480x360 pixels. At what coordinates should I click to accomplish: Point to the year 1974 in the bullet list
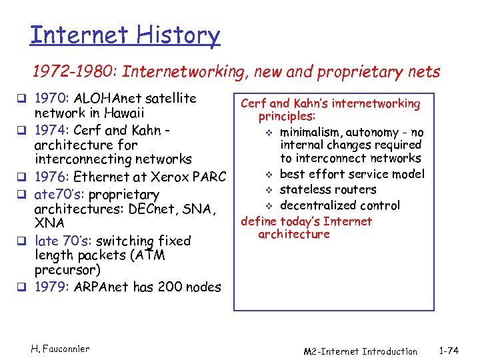pyautogui.click(x=51, y=129)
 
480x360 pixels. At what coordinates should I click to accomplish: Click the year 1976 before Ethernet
pyautogui.click(x=51, y=177)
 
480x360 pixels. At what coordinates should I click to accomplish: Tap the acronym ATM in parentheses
pyautogui.click(x=151, y=255)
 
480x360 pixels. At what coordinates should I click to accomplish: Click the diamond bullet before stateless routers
pyautogui.click(x=271, y=190)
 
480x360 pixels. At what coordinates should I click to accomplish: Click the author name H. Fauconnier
pyautogui.click(x=61, y=349)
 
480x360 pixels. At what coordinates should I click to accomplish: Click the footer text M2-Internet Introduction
pyautogui.click(x=360, y=351)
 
